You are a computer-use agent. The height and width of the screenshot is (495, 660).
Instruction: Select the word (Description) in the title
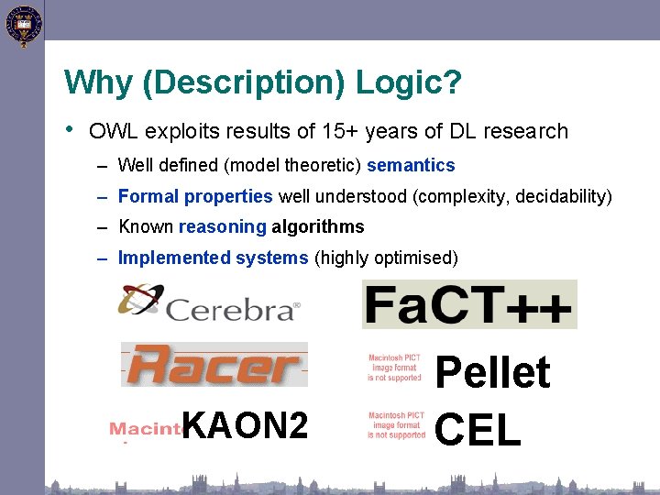tap(243, 83)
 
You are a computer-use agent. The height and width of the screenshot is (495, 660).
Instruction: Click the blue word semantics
tap(411, 166)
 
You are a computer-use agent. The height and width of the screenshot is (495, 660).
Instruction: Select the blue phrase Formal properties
tap(195, 196)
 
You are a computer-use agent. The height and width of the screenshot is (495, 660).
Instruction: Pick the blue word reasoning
tap(223, 226)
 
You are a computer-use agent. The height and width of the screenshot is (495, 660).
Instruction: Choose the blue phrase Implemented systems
tap(214, 258)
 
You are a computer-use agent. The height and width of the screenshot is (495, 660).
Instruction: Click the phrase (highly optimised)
tap(386, 258)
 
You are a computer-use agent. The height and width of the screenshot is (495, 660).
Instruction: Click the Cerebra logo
tap(209, 303)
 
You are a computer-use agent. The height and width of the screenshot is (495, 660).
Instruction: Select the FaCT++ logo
tap(469, 304)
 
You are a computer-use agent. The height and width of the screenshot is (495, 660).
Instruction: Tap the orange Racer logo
tap(214, 364)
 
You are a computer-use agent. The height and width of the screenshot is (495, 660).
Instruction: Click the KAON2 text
tap(245, 425)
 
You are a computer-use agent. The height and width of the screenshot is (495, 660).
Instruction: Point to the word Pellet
tap(492, 373)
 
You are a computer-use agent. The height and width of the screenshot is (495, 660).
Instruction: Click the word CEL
tap(478, 428)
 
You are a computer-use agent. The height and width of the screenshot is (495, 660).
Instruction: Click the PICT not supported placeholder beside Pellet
tap(395, 368)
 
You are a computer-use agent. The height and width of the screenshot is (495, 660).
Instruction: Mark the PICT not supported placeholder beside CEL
tap(396, 425)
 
